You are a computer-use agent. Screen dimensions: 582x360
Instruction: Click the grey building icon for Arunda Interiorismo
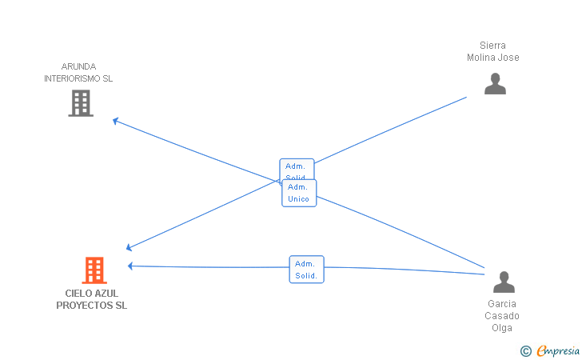coord(81,103)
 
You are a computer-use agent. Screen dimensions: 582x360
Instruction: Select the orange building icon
coord(94,270)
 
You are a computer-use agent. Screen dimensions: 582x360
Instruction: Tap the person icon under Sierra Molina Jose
coord(495,83)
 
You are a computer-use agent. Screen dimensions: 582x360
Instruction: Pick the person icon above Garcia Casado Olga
coord(504,282)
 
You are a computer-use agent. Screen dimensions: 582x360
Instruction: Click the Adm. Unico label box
coord(299,193)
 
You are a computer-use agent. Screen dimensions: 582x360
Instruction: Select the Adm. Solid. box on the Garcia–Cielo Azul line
coord(307,270)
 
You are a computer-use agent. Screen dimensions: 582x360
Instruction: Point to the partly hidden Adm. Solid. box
coord(297,169)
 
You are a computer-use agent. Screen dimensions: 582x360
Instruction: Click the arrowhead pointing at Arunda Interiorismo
coord(115,120)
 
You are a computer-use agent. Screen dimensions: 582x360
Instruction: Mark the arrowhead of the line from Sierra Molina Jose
coord(129,248)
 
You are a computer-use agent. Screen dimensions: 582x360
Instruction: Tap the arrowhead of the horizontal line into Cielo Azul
coord(130,266)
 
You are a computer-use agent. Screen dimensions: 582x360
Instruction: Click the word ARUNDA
coord(78,66)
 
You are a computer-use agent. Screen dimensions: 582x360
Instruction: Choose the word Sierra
coord(493,46)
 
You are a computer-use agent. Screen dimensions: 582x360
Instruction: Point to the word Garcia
coord(502,304)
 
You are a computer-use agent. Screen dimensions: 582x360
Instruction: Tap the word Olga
coord(502,328)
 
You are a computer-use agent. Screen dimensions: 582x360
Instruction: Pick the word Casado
coord(502,316)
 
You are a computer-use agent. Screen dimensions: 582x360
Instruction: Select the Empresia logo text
coord(558,350)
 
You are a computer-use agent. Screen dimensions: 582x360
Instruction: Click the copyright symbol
coord(526,351)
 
